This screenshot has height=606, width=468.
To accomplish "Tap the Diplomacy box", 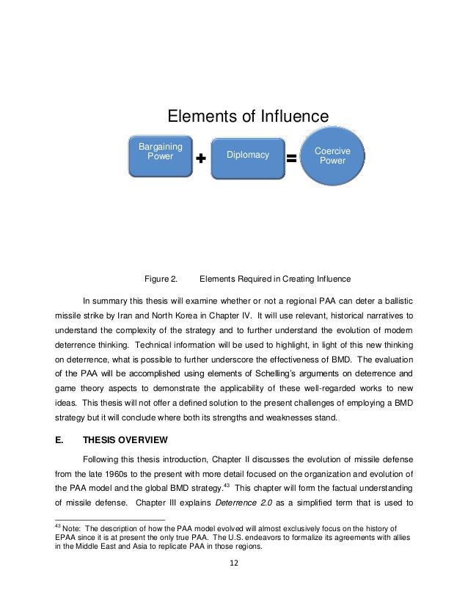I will pos(247,156).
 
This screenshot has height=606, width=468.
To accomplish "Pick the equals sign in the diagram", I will pos(290,158).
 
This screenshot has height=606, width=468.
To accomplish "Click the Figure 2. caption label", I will pos(161,279).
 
